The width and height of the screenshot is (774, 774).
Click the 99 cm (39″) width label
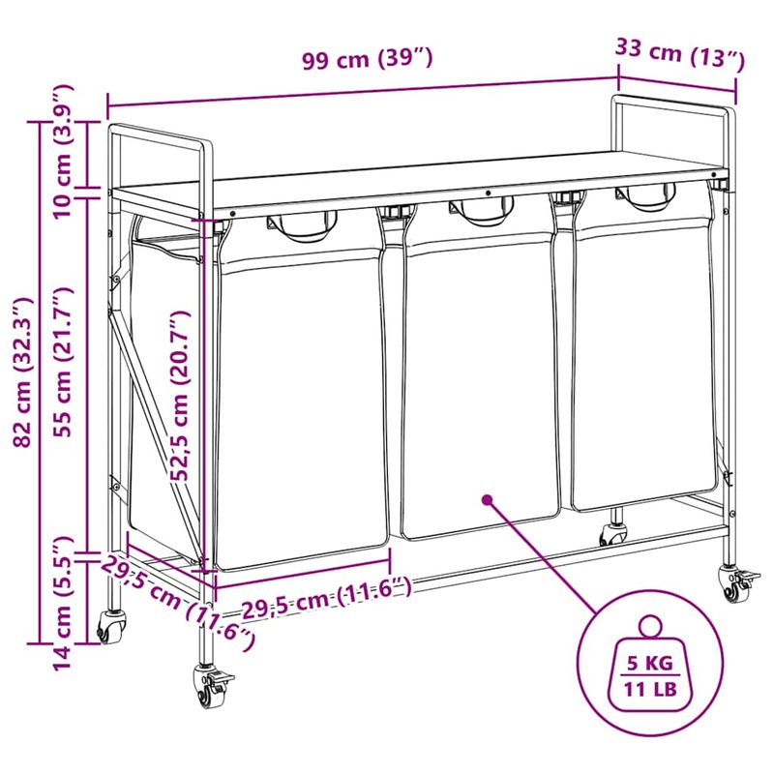coord(367,60)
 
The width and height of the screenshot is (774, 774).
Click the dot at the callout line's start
coord(488,500)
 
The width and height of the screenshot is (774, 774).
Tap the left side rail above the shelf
coord(161,135)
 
